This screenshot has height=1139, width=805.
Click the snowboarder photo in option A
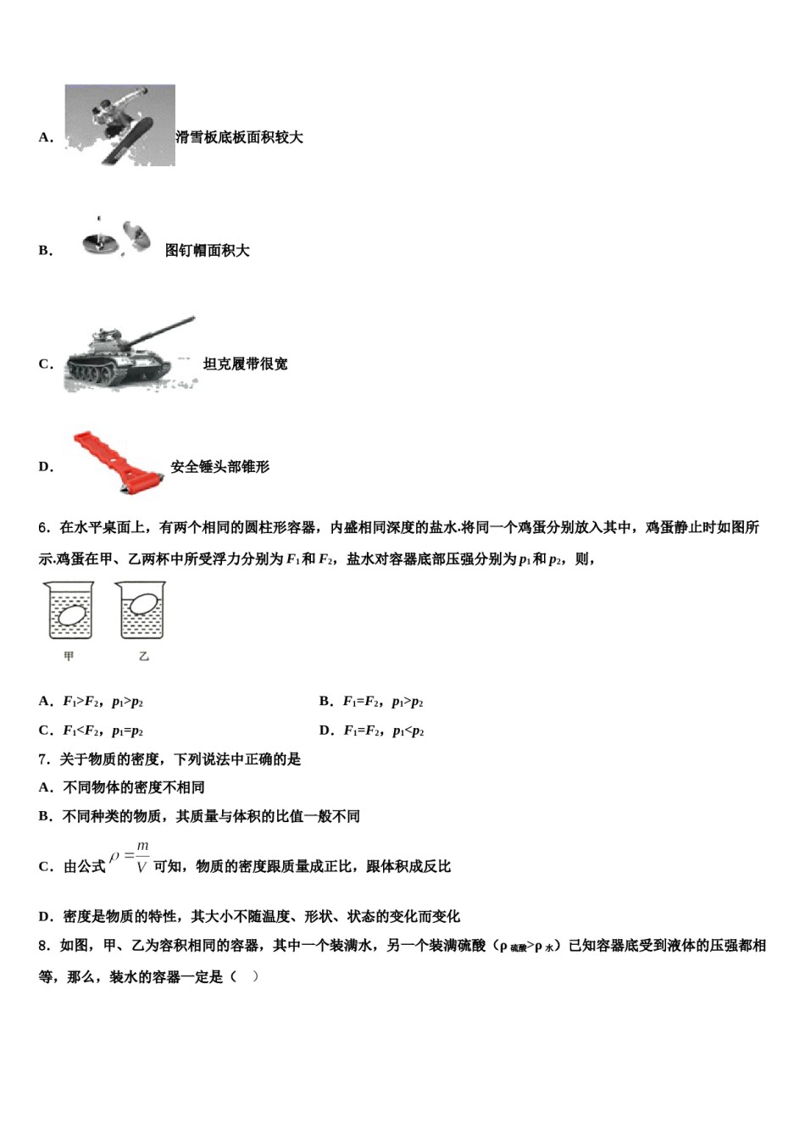point(119,125)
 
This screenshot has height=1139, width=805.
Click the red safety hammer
point(119,461)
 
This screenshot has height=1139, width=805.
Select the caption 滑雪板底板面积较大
point(239,137)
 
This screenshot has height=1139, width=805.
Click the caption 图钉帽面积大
point(207,251)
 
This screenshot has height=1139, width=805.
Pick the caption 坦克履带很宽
point(245,364)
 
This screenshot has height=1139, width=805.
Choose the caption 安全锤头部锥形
point(219,467)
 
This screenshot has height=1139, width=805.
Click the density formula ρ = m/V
point(130,857)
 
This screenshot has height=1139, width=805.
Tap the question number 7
point(43,759)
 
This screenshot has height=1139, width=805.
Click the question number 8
point(43,946)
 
